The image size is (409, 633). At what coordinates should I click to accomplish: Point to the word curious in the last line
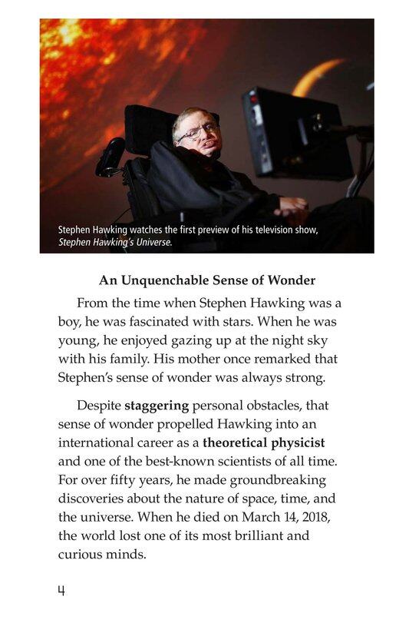[82, 554]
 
